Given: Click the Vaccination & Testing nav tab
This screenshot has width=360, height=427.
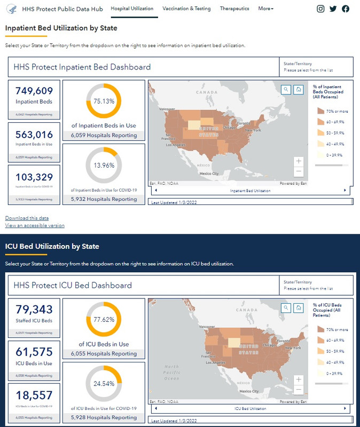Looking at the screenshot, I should pyautogui.click(x=186, y=9).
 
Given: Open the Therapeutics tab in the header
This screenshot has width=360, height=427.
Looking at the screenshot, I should pyautogui.click(x=234, y=9).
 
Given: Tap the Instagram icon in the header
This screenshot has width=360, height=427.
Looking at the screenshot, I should pyautogui.click(x=320, y=9).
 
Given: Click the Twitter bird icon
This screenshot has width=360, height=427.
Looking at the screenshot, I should pyautogui.click(x=333, y=9).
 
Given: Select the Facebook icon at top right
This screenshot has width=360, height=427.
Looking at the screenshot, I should pyautogui.click(x=346, y=9).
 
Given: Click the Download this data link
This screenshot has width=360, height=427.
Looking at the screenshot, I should pyautogui.click(x=27, y=218).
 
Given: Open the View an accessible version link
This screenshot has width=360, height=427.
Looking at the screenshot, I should pyautogui.click(x=35, y=225).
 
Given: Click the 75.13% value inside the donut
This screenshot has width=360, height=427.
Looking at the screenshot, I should pyautogui.click(x=104, y=101).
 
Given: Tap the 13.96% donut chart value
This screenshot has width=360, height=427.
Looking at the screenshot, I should pyautogui.click(x=104, y=165).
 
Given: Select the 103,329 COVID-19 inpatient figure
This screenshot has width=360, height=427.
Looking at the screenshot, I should pyautogui.click(x=34, y=177).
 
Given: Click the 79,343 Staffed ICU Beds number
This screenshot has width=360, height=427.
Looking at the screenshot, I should pyautogui.click(x=34, y=310).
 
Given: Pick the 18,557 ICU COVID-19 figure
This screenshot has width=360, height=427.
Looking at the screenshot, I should pyautogui.click(x=34, y=396).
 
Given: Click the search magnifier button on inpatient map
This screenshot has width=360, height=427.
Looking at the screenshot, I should pyautogui.click(x=286, y=90).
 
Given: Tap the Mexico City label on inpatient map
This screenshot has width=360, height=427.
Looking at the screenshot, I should pyautogui.click(x=208, y=173).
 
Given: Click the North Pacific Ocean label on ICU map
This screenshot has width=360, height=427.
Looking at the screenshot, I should pyautogui.click(x=171, y=373).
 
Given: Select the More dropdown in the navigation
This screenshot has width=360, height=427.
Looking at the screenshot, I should pyautogui.click(x=265, y=9).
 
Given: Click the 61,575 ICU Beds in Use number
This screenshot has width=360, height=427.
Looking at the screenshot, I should pyautogui.click(x=34, y=352).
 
